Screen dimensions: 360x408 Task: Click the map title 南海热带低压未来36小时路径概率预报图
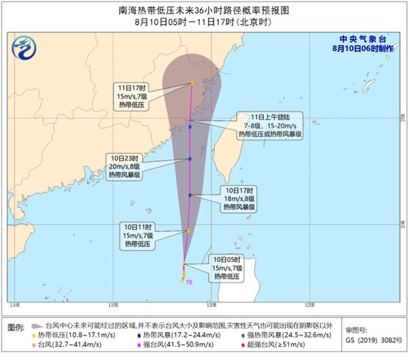pos(203,10)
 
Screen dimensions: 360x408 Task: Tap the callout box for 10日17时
pos(239,198)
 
